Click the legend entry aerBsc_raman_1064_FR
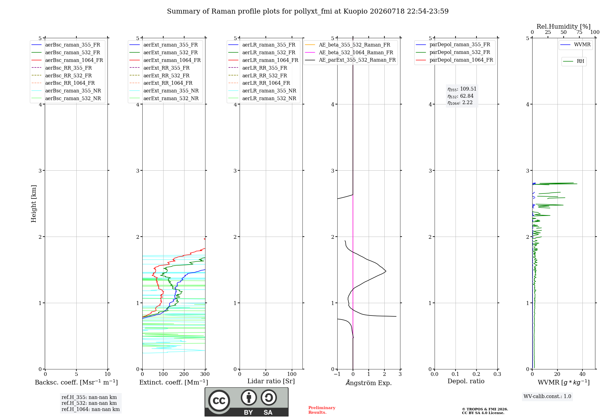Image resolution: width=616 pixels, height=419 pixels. coord(67,60)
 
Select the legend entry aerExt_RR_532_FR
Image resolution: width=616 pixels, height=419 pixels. coord(159,75)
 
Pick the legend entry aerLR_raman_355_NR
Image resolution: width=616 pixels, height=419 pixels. coord(262,91)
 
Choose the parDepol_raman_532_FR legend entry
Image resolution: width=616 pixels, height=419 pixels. coord(453,52)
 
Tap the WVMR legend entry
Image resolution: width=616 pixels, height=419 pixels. coord(575,45)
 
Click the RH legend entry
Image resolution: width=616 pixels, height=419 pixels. coord(573,61)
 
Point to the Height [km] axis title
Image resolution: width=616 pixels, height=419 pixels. coord(34,204)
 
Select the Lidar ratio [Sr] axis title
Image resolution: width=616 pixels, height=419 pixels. coord(271,381)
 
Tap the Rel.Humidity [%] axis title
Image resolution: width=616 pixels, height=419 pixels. coord(564,26)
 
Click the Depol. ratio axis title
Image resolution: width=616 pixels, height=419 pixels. coord(466,381)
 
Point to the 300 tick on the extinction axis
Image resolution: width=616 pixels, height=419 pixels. coord(205,374)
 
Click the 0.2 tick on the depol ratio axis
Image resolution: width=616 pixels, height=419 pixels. coord(476,374)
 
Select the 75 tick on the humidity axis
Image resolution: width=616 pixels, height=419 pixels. coord(579,32)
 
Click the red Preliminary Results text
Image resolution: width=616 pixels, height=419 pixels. coord(322,410)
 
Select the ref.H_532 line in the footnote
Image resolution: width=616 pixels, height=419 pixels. coord(89,403)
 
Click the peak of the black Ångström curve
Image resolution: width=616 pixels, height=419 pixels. coord(386,271)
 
